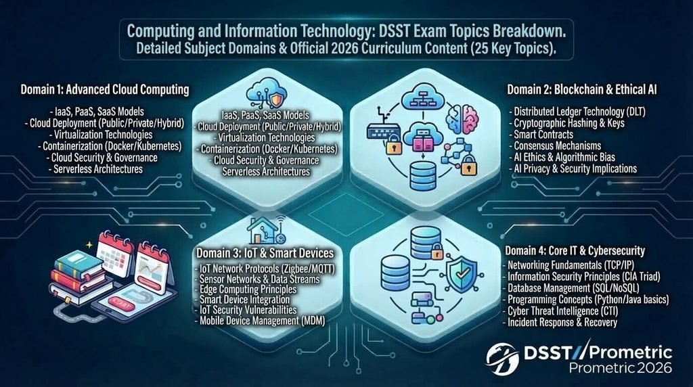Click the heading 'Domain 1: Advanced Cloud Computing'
[105, 90]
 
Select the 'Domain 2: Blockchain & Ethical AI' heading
[581, 90]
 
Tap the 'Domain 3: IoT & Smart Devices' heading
[265, 252]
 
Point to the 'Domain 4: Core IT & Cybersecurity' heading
[575, 251]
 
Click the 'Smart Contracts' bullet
[543, 135]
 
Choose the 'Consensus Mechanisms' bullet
[558, 145]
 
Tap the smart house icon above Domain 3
[266, 230]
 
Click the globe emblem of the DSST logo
[503, 359]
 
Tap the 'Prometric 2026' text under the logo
[620, 367]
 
